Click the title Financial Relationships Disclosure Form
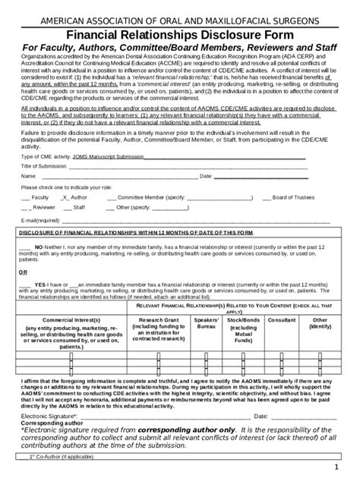180,34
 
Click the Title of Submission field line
190,166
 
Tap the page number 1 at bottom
345,467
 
